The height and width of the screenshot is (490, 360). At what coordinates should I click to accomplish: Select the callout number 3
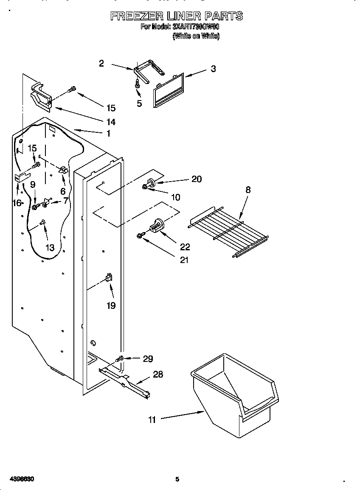213,69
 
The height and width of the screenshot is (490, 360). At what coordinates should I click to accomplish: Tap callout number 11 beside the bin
152,420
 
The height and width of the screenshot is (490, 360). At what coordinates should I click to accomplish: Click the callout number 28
157,375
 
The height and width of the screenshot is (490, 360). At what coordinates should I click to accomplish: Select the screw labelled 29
121,359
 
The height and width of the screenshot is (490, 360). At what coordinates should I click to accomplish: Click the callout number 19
111,305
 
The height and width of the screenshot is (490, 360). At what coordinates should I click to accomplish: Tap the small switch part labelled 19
108,278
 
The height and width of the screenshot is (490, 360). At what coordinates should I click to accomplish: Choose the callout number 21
184,260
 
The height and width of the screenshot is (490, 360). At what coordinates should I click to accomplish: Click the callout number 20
196,179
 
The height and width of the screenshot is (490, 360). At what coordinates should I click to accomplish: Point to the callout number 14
111,122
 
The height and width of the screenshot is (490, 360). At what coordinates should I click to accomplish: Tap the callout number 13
50,248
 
